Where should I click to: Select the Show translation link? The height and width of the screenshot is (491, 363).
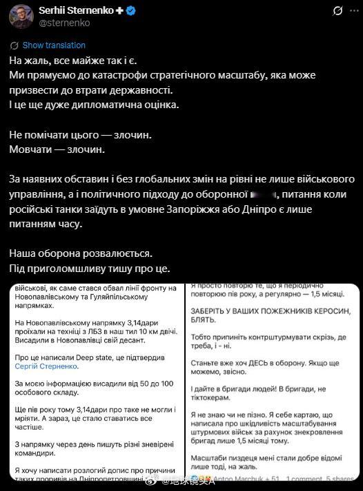[54, 45]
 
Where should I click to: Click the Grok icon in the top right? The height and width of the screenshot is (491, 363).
[337, 11]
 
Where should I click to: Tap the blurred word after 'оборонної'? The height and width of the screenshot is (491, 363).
[265, 195]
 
